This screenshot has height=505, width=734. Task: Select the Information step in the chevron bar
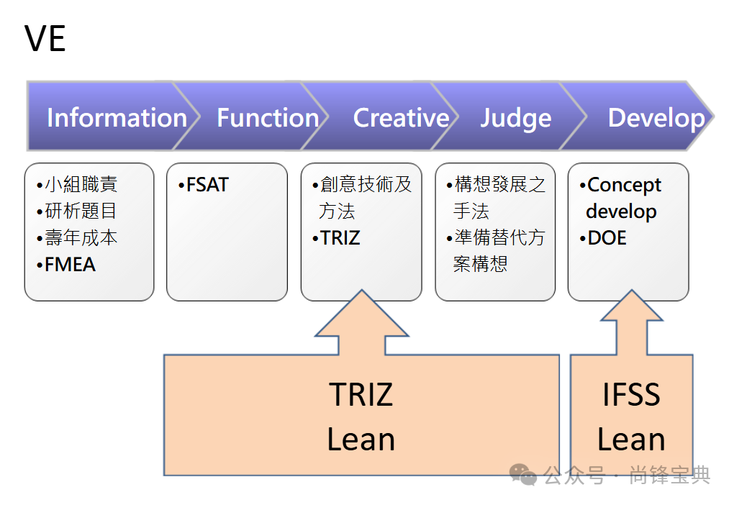[117, 118]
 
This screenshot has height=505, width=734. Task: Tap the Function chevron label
[268, 118]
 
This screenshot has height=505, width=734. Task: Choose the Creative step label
[401, 118]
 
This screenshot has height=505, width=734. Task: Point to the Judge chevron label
[516, 118]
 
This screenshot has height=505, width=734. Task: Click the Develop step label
[656, 118]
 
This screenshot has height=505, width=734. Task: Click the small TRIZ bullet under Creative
[339, 238]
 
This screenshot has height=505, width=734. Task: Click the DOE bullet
[606, 238]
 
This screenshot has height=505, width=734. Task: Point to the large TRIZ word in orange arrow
[361, 395]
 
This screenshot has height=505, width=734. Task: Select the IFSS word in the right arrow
[631, 395]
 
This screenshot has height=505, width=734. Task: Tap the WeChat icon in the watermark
[523, 474]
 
